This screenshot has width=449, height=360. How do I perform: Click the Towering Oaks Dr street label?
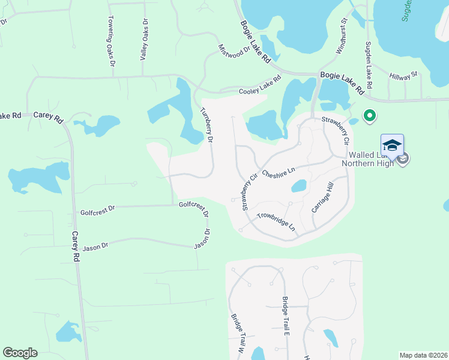112,41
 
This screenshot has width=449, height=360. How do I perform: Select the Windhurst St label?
341,36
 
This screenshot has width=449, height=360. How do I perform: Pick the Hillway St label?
403,76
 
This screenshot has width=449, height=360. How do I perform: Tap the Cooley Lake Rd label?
260,86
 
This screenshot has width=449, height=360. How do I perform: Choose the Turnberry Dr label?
206,124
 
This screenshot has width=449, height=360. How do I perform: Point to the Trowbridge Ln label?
276,222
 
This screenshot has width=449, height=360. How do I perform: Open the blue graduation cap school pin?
392,146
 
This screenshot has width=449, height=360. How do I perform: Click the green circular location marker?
370,115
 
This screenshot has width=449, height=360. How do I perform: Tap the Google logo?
20,353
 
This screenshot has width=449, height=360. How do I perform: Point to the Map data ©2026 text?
423,355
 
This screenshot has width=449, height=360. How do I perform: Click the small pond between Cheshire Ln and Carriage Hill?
299,187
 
